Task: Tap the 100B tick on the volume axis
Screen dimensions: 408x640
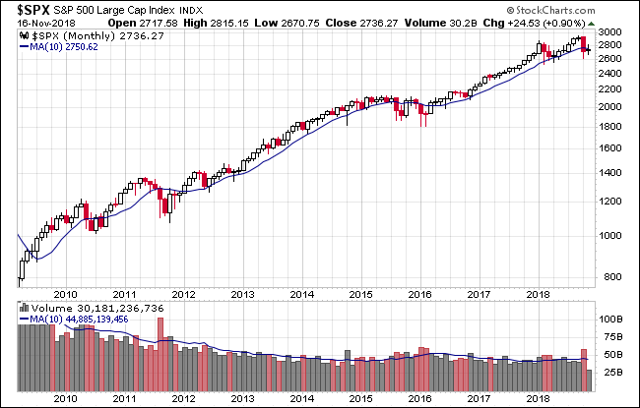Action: click(x=612, y=320)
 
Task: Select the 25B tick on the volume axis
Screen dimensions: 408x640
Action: click(x=610, y=373)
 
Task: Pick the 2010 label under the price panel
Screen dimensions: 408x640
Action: click(x=65, y=293)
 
